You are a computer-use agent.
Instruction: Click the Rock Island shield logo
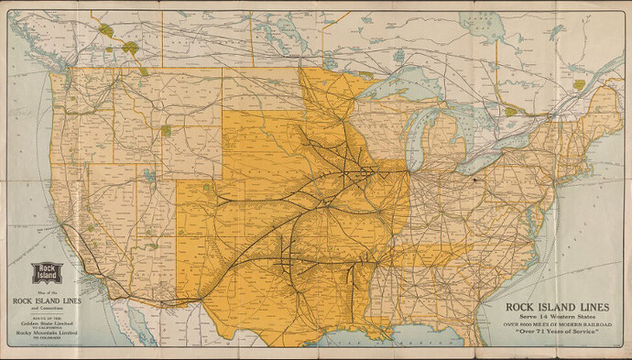click(x=46, y=274)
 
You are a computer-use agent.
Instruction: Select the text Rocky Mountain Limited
click(x=45, y=332)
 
